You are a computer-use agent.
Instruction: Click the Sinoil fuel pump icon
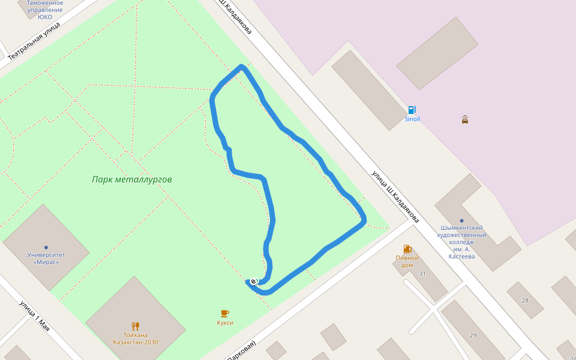pyautogui.click(x=412, y=110)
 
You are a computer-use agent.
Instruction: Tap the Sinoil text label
pyautogui.click(x=412, y=119)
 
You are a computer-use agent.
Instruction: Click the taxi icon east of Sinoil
pyautogui.click(x=464, y=119)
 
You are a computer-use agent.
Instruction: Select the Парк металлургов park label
pyautogui.click(x=132, y=179)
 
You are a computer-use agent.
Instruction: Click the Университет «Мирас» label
pyautogui.click(x=46, y=258)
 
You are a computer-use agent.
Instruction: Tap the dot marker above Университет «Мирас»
pyautogui.click(x=46, y=247)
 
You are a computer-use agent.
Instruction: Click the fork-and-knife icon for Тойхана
pyautogui.click(x=136, y=326)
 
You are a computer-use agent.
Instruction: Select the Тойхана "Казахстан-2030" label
pyautogui.click(x=136, y=338)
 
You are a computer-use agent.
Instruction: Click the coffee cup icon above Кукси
pyautogui.click(x=225, y=313)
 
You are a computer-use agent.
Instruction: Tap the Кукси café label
pyautogui.click(x=225, y=322)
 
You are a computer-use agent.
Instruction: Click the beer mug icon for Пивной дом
pyautogui.click(x=407, y=248)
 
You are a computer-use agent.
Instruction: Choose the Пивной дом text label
pyautogui.click(x=407, y=261)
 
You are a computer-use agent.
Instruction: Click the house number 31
pyautogui.click(x=422, y=274)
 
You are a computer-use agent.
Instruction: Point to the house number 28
pyautogui.click(x=525, y=300)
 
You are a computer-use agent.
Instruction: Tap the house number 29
pyautogui.click(x=473, y=335)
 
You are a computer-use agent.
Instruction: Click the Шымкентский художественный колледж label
pyautogui.click(x=461, y=242)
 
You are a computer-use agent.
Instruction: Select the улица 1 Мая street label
pyautogui.click(x=34, y=314)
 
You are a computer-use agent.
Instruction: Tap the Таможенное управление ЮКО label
pyautogui.click(x=44, y=10)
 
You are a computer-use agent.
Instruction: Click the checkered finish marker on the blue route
pyautogui.click(x=253, y=281)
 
